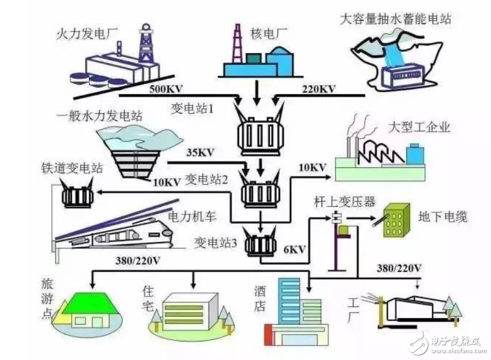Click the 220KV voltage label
(312, 89)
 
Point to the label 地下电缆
(443, 216)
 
